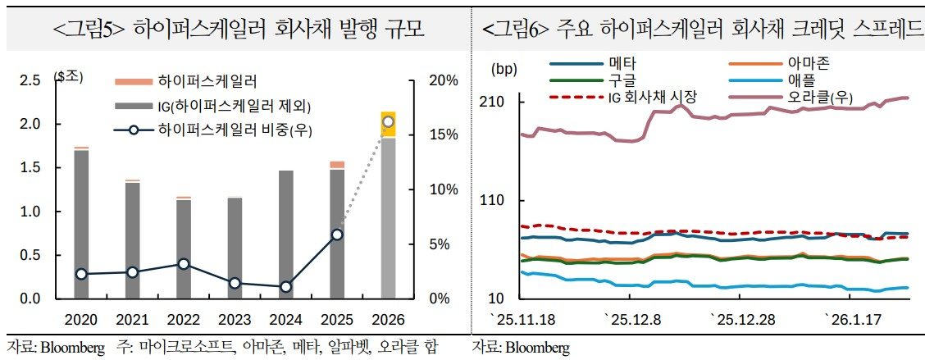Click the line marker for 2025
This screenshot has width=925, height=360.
click(337, 235)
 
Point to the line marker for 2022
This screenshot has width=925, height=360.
click(184, 264)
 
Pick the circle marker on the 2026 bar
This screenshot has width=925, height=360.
click(388, 122)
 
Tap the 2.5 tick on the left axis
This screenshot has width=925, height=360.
click(30, 80)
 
